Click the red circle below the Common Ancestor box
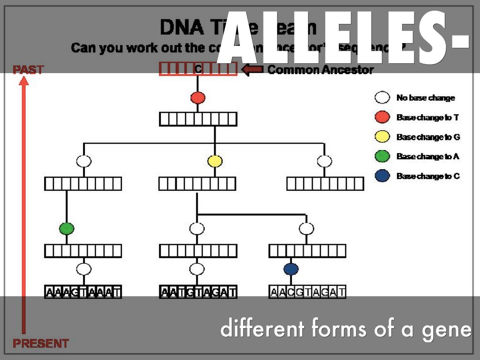tap(198, 98)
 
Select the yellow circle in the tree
tap(215, 161)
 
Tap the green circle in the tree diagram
tap(67, 229)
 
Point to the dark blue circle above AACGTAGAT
tap(291, 269)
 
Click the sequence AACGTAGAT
tap(307, 292)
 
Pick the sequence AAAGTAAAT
tap(83, 292)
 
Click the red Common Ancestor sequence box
tap(198, 69)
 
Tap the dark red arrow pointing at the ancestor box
tap(252, 70)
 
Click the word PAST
tap(28, 70)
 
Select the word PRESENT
tap(40, 343)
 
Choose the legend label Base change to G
tap(428, 137)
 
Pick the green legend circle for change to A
tap(382, 157)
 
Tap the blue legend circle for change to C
tap(382, 176)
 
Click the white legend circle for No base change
tap(382, 98)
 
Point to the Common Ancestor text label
tap(321, 70)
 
